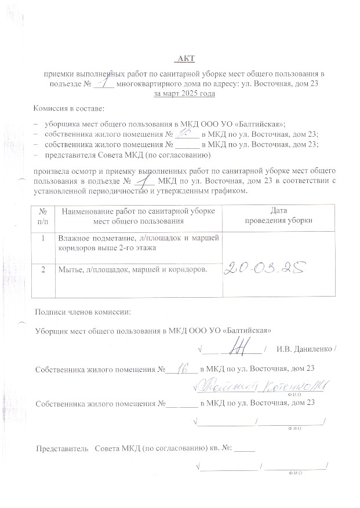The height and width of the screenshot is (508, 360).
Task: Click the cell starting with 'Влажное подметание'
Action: point(136,242)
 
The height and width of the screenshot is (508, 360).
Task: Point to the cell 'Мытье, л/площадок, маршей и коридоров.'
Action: point(132,269)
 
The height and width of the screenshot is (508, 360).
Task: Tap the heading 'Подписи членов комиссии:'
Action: point(83,312)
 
